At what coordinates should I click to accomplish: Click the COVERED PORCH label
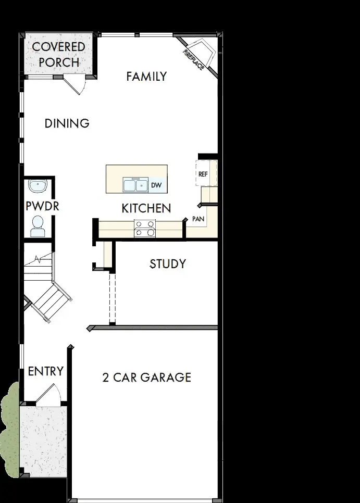(x=58, y=54)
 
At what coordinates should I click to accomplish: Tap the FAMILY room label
(x=146, y=77)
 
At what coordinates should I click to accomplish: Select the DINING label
(x=67, y=123)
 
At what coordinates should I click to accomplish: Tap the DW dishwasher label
(x=156, y=185)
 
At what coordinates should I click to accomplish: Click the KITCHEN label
(x=146, y=208)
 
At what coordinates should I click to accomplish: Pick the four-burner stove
(x=145, y=228)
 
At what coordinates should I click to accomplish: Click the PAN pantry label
(x=198, y=219)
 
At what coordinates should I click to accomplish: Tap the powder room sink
(x=37, y=185)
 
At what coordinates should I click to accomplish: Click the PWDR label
(x=42, y=206)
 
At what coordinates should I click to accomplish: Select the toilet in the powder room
(x=37, y=225)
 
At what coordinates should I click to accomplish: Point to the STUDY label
(x=167, y=264)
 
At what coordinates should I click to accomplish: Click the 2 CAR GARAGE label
(x=146, y=377)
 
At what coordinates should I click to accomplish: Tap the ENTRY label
(x=45, y=371)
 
